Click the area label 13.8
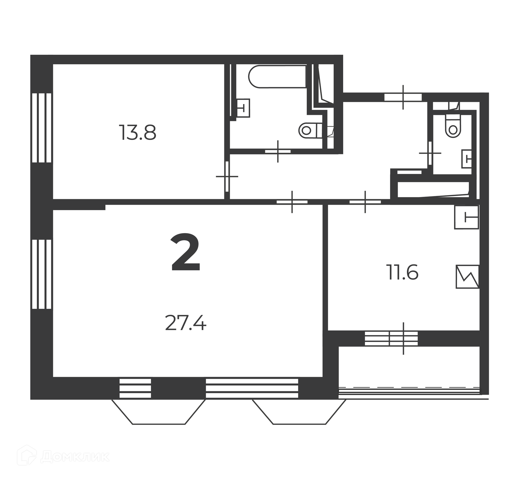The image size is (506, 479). coord(138,133)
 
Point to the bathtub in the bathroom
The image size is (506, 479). coord(277,76)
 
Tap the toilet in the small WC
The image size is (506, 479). coord(453,126)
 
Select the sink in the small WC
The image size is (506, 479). coord(466,159)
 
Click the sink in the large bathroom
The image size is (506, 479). coord(243,108)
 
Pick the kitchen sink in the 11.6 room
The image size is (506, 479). coord(466,217)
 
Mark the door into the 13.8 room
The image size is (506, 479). coord(227,176)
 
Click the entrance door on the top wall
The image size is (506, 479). coord(403,97)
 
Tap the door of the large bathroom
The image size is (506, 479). coord(278,151)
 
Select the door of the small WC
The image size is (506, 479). coord(430,153)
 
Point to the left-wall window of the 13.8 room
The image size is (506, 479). coord(42,128)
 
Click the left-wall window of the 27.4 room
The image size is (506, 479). coord(42,274)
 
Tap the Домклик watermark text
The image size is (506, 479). coord(75,457)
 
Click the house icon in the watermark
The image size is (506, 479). coord(27,455)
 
